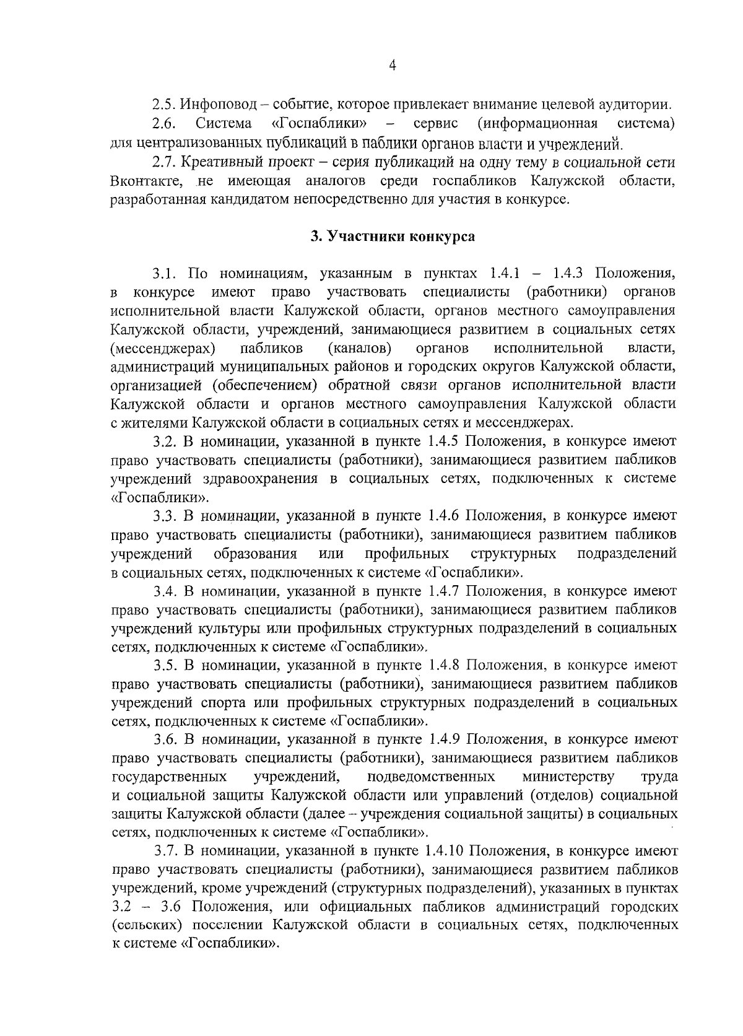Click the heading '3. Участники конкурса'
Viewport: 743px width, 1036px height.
pos(392,236)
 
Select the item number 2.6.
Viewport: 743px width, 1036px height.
pos(163,124)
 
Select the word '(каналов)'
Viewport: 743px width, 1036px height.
pos(362,347)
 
